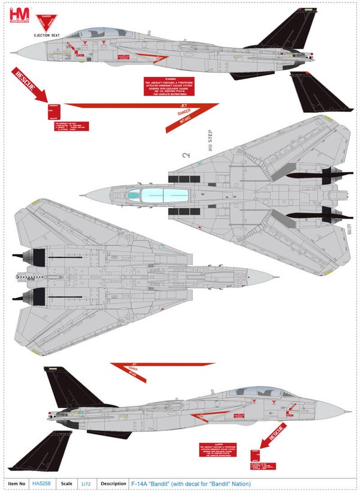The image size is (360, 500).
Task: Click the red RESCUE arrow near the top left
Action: [x=28, y=85]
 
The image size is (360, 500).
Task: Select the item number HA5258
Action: [x=42, y=484]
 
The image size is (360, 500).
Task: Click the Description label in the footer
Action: [x=113, y=484]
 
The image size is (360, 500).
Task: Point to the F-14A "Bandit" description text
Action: [x=191, y=484]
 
